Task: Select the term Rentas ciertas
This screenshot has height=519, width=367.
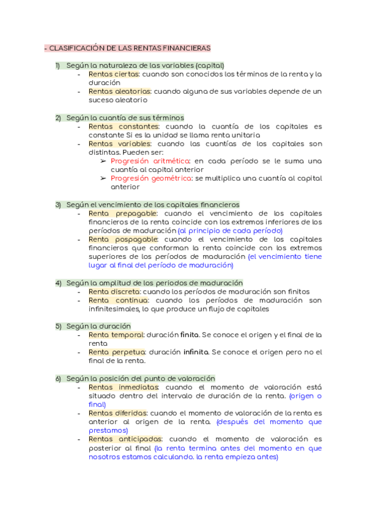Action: [114, 74]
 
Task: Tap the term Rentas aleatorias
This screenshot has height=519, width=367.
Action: [119, 91]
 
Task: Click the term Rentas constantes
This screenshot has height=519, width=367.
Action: [124, 126]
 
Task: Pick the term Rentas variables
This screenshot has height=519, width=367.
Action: [119, 143]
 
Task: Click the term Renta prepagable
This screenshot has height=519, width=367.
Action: [123, 213]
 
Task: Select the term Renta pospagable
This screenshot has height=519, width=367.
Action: [124, 239]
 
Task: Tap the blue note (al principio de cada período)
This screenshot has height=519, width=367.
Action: [230, 231]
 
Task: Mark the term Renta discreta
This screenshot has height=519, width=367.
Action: [114, 292]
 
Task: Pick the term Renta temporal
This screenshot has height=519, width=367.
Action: [116, 335]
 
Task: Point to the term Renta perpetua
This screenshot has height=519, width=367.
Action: [117, 352]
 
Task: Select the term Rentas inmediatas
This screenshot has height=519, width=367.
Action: [124, 387]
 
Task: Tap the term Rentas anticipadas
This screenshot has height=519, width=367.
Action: [125, 439]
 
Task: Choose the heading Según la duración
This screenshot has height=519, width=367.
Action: [98, 326]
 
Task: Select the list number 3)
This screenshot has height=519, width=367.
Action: [59, 204]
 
